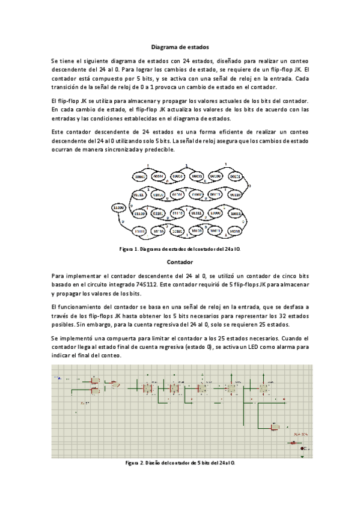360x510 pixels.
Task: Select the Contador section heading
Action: point(179,263)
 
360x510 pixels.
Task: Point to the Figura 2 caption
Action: point(179,463)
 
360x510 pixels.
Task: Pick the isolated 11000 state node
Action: point(119,207)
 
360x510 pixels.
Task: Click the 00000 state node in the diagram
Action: point(140,177)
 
